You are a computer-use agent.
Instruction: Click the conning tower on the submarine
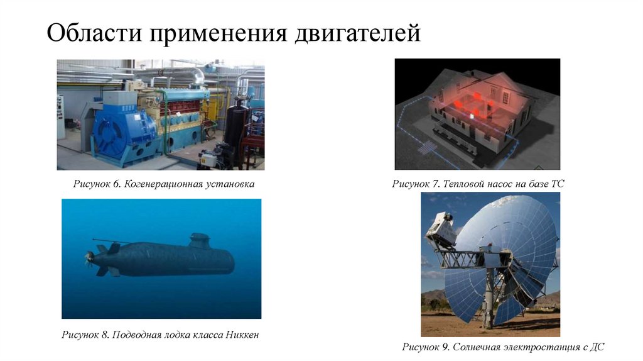tap(200, 240)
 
